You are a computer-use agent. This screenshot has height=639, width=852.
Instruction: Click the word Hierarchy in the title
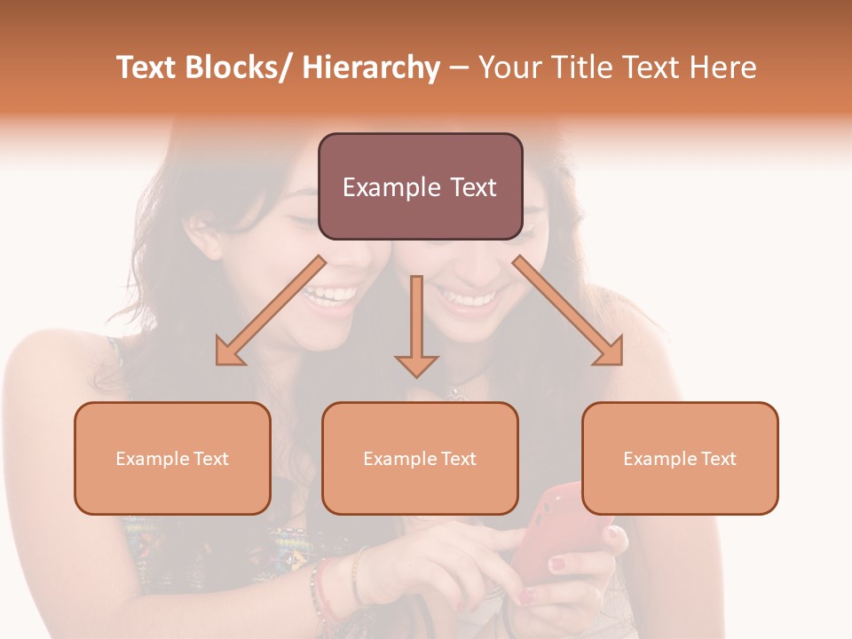371,68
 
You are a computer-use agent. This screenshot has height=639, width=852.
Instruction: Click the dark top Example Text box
420,186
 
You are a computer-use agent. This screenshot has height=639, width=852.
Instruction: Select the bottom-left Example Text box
172,458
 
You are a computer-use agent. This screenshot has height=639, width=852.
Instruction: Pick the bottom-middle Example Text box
420,458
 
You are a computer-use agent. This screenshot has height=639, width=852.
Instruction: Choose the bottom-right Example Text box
680,458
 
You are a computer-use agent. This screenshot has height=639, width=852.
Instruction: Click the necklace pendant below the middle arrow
455,391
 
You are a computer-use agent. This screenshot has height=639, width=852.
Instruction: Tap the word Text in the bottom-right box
718,459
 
